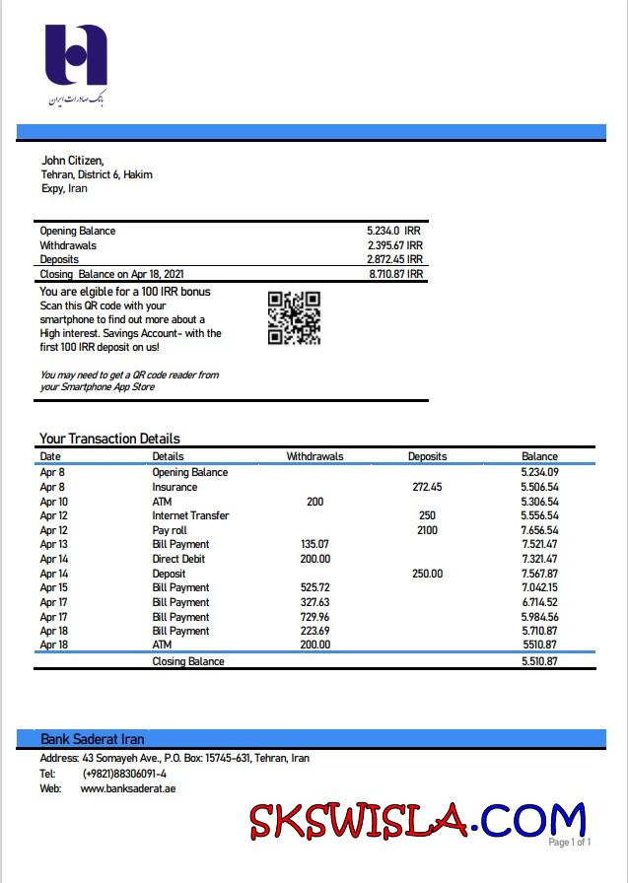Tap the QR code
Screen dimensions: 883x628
[294, 317]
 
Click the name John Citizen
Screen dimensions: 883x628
[72, 161]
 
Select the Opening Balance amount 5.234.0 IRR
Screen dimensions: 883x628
[393, 231]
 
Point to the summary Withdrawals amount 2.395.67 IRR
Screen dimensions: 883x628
[394, 245]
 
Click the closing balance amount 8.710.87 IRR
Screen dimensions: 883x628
[395, 274]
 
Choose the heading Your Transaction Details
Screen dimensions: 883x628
[109, 439]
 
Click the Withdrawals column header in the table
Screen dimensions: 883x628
[314, 456]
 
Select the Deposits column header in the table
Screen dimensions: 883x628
[427, 456]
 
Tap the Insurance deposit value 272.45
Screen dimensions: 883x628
[427, 487]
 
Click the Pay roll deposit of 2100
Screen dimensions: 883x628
[427, 530]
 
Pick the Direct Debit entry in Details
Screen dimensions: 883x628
[178, 559]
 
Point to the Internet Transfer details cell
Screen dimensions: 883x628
[190, 515]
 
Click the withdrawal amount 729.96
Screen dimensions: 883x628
[314, 616]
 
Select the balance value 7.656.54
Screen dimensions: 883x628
[539, 530]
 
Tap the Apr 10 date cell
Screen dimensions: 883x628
[53, 502]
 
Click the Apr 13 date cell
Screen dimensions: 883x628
[53, 544]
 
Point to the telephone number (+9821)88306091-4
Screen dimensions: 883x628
[124, 774]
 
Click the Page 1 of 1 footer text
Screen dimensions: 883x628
[570, 843]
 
